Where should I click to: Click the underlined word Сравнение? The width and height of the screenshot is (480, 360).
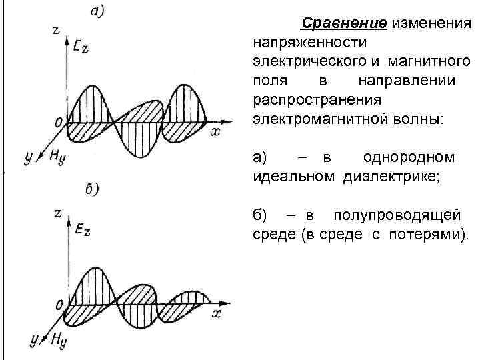pyautogui.click(x=344, y=25)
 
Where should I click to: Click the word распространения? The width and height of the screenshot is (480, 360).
pyautogui.click(x=317, y=100)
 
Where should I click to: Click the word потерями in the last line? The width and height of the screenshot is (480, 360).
pyautogui.click(x=431, y=235)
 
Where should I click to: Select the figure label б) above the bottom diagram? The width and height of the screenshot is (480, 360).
pyautogui.click(x=93, y=190)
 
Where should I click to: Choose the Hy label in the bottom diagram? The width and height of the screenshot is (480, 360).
pyautogui.click(x=59, y=339)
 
